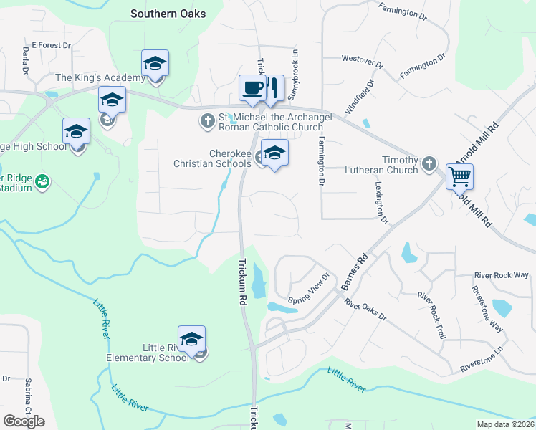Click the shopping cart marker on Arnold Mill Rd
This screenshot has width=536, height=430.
459,175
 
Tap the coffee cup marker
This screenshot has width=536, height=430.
252,88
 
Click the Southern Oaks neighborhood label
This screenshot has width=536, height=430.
168,14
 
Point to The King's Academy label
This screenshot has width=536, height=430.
100,78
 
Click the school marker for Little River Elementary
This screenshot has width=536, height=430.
191,339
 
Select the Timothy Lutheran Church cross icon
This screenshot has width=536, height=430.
429,163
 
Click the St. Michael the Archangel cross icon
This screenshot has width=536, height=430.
208,120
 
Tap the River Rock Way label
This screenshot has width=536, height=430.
501,275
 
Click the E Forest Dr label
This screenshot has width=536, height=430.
52,44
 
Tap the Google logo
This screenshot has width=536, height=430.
24,421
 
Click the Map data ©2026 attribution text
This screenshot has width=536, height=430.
504,424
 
